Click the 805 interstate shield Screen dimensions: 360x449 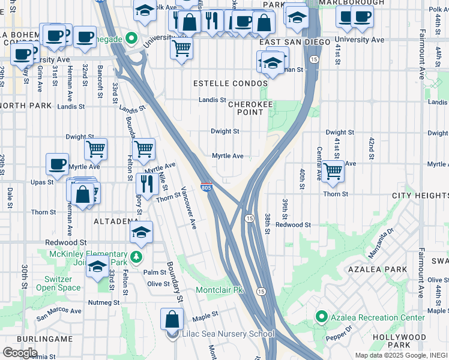point(206,188)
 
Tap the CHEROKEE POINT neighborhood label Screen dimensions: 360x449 point(246,108)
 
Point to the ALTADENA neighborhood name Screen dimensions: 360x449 point(116,221)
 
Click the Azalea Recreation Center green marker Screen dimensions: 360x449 point(321,317)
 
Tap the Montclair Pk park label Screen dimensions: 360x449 point(219,290)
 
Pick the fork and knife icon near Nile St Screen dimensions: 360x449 point(145,184)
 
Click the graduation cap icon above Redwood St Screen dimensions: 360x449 point(142,232)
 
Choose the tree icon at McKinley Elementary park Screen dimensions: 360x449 point(137,257)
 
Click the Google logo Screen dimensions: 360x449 point(20,352)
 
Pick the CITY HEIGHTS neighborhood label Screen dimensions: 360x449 point(420,196)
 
